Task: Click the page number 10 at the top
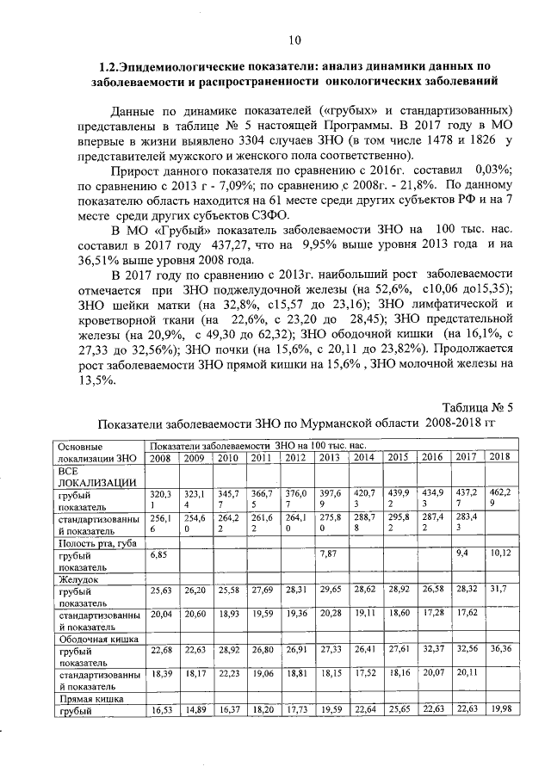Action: pyautogui.click(x=294, y=40)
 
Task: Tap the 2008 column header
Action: pyautogui.click(x=160, y=457)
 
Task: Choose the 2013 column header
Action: pyautogui.click(x=329, y=457)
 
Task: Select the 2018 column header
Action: pyautogui.click(x=499, y=457)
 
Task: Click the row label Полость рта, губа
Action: pyautogui.click(x=96, y=543)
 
